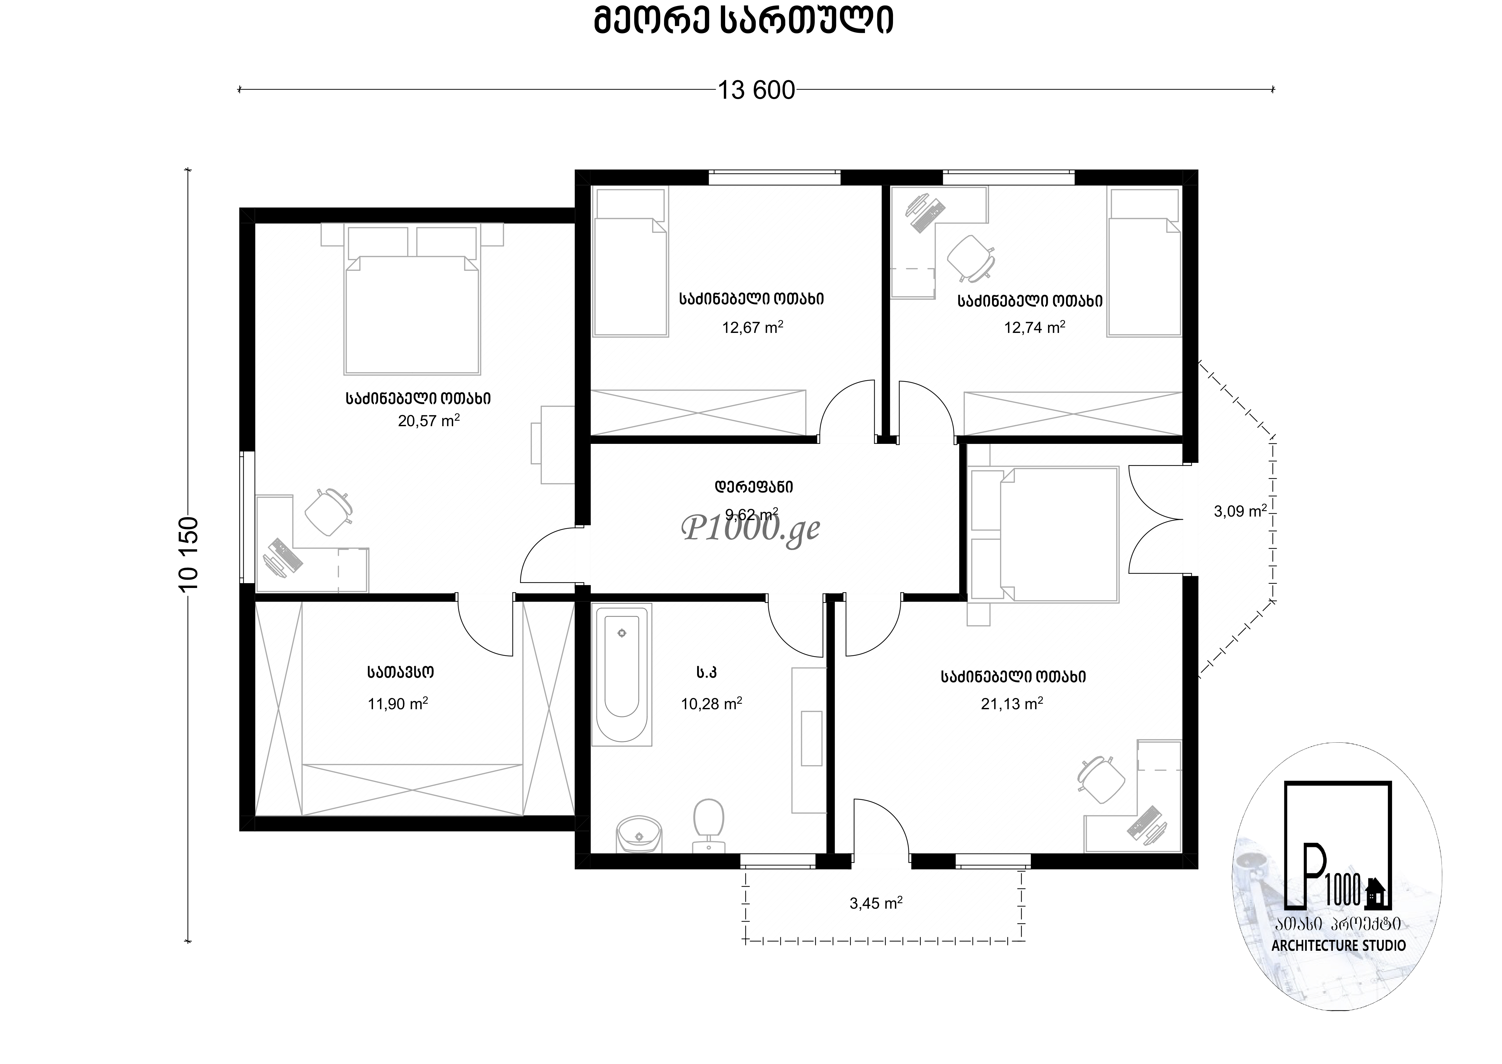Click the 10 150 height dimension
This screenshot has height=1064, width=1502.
189,554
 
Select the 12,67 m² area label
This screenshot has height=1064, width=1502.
753,327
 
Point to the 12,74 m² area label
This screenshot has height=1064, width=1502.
1034,327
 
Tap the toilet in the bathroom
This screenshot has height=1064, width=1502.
708,824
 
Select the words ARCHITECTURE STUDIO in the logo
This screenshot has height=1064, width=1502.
1338,945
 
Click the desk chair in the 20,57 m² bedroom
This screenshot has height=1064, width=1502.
329,511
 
